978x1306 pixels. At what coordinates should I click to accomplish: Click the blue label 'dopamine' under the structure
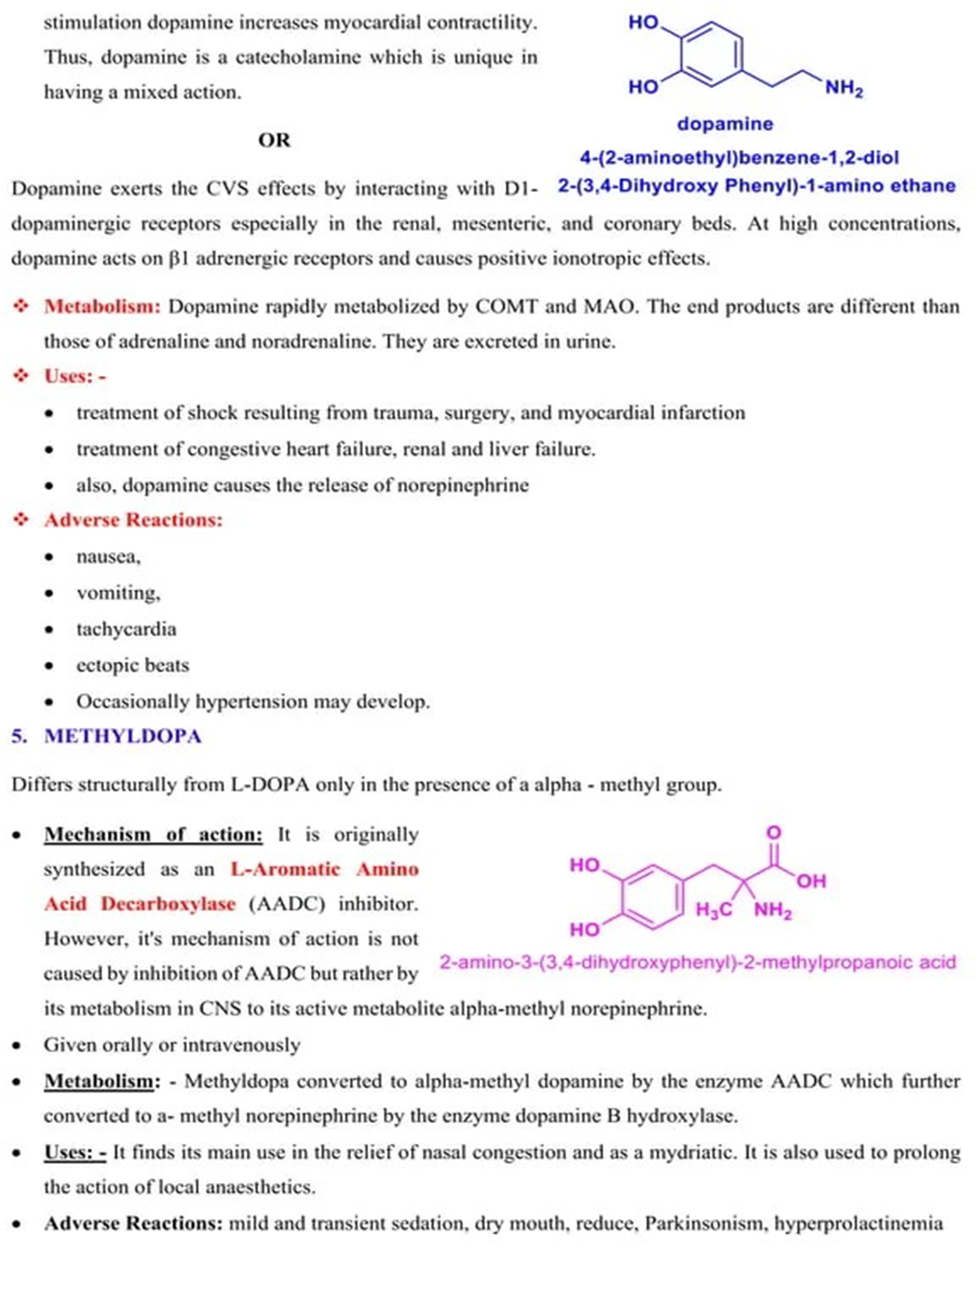click(x=724, y=124)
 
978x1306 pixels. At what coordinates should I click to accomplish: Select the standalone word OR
click(x=274, y=140)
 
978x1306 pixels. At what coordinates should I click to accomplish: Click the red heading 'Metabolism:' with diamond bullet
click(x=102, y=307)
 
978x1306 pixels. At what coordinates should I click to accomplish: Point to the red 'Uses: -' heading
click(x=75, y=376)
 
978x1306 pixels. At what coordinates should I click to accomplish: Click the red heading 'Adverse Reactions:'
click(x=133, y=520)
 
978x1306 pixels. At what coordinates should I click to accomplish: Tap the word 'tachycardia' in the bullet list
click(x=126, y=630)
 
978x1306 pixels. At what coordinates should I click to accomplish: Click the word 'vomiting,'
click(x=118, y=593)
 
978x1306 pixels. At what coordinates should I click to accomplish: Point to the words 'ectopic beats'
click(x=132, y=665)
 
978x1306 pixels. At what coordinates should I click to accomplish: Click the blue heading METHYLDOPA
click(x=123, y=736)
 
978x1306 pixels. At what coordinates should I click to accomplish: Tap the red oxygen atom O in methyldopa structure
click(x=773, y=832)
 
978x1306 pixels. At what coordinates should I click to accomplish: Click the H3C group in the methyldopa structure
click(x=713, y=911)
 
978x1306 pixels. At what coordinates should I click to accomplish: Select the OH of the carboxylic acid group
click(x=811, y=881)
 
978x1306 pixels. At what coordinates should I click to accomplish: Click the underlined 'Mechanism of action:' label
click(x=153, y=835)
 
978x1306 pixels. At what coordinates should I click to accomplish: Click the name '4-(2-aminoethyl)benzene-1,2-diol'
click(x=739, y=157)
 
